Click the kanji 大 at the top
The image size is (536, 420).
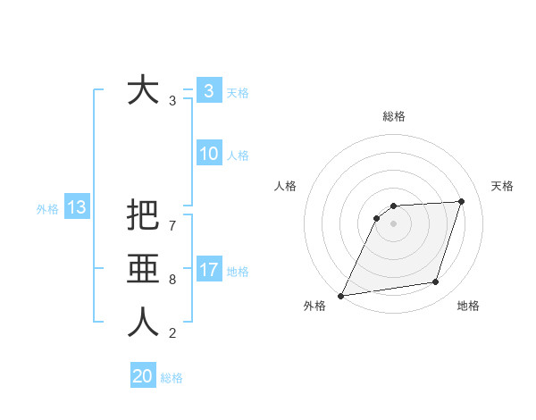pyautogui.click(x=143, y=90)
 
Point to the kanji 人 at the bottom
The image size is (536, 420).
pyautogui.click(x=143, y=323)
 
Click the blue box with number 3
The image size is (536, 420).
pyautogui.click(x=208, y=90)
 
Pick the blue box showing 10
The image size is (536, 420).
pyautogui.click(x=208, y=154)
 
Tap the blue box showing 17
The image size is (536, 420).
pyautogui.click(x=208, y=270)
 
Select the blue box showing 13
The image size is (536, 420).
pyautogui.click(x=76, y=208)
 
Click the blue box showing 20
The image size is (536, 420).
pyautogui.click(x=143, y=376)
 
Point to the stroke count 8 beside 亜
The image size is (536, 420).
pyautogui.click(x=172, y=279)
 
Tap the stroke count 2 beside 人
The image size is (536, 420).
pyautogui.click(x=172, y=333)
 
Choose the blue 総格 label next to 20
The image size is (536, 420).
pyautogui.click(x=172, y=378)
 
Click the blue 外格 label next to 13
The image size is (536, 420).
pyautogui.click(x=47, y=209)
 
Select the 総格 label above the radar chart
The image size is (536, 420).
pyautogui.click(x=393, y=116)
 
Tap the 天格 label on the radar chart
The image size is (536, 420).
pyautogui.click(x=502, y=186)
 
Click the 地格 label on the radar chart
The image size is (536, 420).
pyautogui.click(x=468, y=306)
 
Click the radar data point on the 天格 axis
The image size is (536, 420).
pyautogui.click(x=461, y=201)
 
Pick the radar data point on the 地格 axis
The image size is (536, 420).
pyautogui.click(x=436, y=282)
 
